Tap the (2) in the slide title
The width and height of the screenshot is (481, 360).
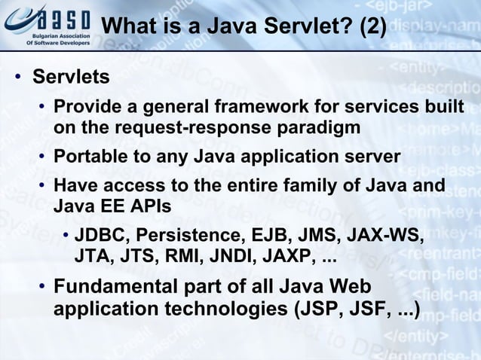(x=372, y=27)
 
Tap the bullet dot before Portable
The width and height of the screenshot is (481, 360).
(x=43, y=157)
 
